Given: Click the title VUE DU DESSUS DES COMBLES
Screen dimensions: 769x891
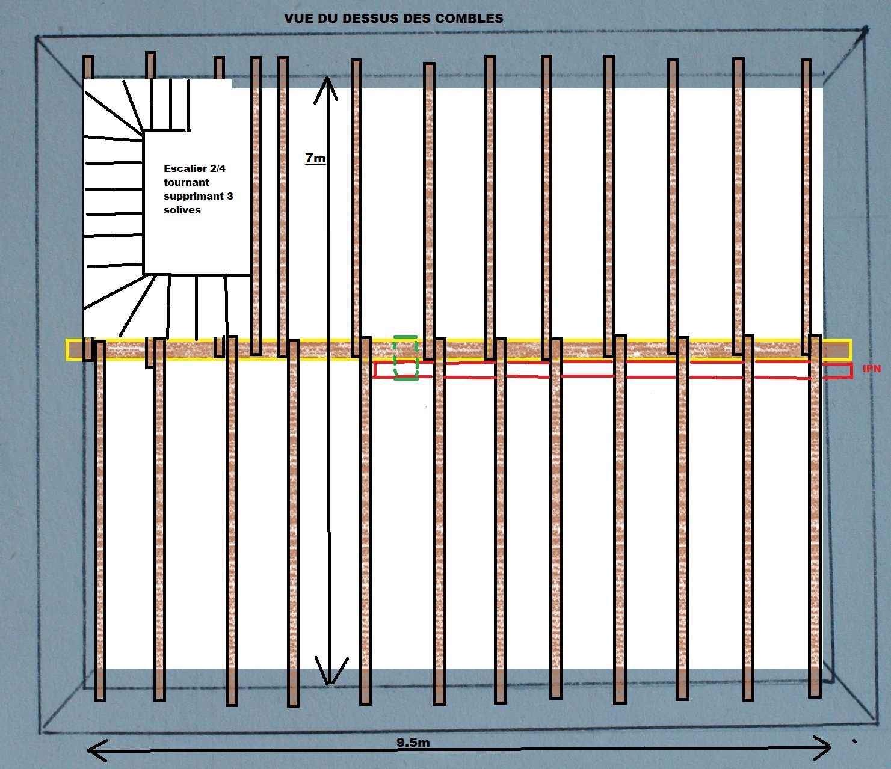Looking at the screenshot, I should click(x=393, y=19).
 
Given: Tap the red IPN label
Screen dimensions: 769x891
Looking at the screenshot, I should click(x=871, y=369).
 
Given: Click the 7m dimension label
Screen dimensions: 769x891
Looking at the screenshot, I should click(x=315, y=158).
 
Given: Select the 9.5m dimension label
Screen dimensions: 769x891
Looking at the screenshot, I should click(x=413, y=743).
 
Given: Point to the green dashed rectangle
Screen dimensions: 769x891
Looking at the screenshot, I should click(x=405, y=358).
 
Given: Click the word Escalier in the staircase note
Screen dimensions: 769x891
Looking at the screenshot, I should click(x=185, y=168).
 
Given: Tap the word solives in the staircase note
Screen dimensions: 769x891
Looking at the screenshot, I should click(x=182, y=210).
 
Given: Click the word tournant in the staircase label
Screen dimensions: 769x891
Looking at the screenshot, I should click(x=187, y=182).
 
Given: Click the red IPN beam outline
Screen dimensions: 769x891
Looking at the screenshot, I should click(x=602, y=370).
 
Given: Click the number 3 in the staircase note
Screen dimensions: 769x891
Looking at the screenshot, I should click(x=230, y=196).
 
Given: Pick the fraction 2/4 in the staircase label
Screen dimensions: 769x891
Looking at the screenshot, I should click(x=218, y=168).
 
